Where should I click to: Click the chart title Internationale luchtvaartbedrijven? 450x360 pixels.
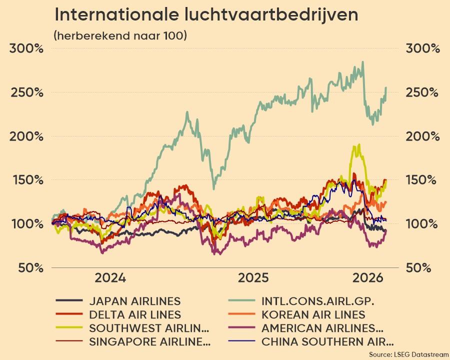click(205, 15)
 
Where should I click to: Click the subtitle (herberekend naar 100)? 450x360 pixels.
click(120, 36)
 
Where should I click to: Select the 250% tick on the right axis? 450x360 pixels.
click(422, 93)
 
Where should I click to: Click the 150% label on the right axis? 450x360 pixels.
click(422, 180)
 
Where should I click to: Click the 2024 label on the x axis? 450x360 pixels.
click(110, 278)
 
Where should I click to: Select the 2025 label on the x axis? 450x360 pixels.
click(254, 278)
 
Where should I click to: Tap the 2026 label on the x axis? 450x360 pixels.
click(366, 278)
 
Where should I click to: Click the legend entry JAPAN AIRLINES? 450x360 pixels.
click(134, 301)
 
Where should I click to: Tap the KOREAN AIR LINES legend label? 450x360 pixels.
click(313, 315)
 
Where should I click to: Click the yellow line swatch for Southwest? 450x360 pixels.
click(69, 328)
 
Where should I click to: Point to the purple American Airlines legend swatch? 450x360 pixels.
click(241, 328)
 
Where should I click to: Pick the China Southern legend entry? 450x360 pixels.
click(327, 342)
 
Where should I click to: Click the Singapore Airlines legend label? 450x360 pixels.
click(149, 342)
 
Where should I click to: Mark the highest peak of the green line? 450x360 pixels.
click(362, 62)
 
